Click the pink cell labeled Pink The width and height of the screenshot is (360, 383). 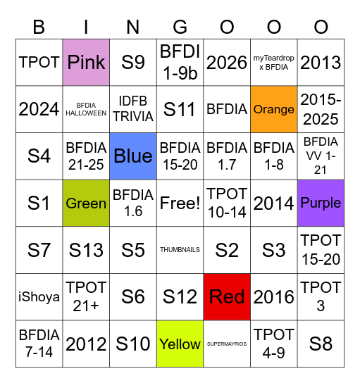(x=86, y=62)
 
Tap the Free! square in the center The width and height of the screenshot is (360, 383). (x=180, y=203)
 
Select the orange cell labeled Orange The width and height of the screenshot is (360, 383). (x=274, y=109)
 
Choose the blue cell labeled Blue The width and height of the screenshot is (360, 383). (x=133, y=156)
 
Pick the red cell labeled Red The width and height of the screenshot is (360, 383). (x=227, y=297)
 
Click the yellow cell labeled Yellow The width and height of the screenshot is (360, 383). (x=180, y=344)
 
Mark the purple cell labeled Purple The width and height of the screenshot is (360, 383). (x=321, y=203)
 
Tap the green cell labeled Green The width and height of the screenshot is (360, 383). (x=86, y=203)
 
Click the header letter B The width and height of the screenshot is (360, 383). (x=39, y=27)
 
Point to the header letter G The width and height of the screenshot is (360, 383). (x=180, y=27)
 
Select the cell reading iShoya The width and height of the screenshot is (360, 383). (x=39, y=297)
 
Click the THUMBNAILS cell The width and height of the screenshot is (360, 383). (x=180, y=250)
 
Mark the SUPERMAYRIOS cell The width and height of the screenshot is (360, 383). (x=227, y=344)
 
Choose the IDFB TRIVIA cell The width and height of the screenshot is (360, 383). (x=133, y=109)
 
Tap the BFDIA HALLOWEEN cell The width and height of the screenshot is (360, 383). (x=86, y=109)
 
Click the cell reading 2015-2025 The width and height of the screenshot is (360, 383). (x=321, y=109)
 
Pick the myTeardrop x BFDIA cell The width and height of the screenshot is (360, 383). (x=274, y=62)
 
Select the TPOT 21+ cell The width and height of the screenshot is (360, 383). (x=86, y=297)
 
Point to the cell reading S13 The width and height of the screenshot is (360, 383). (x=86, y=250)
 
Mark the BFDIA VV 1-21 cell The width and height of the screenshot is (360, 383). (x=321, y=156)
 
